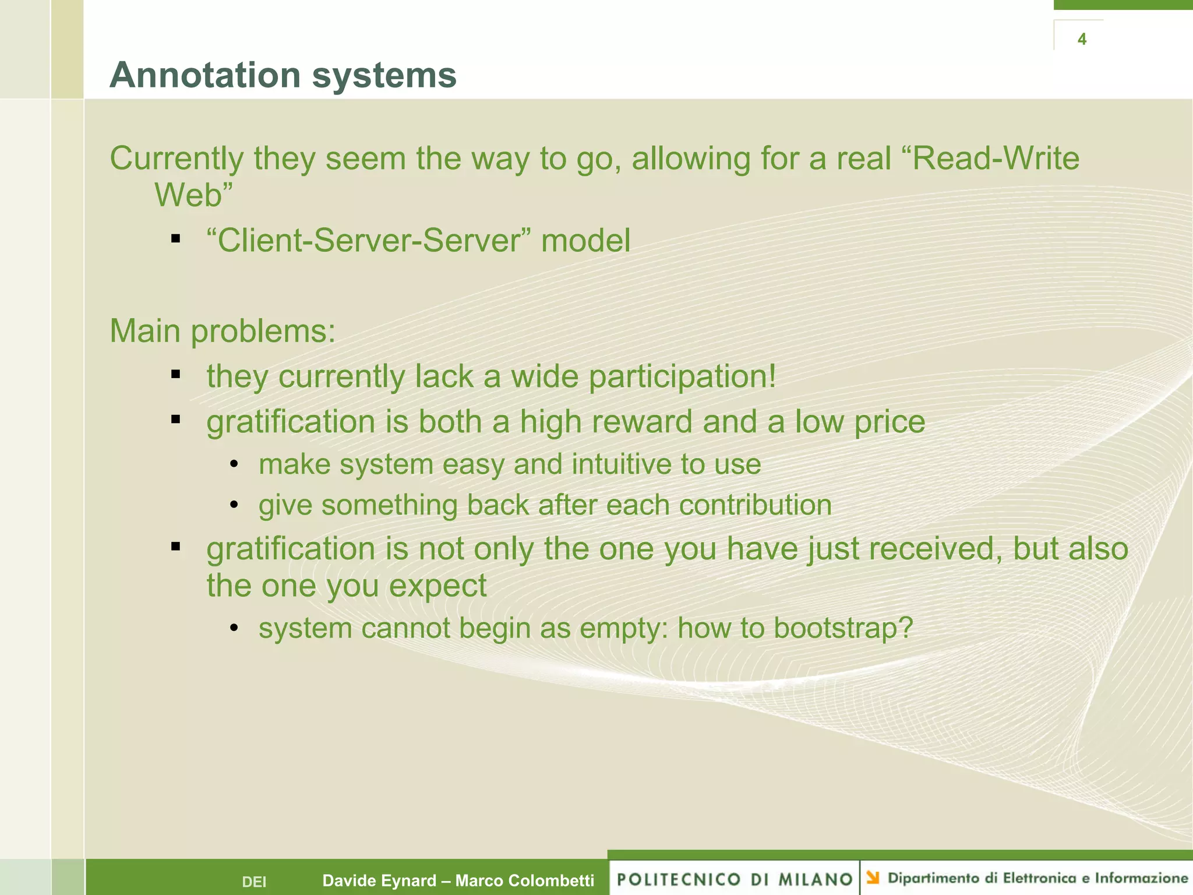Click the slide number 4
pyautogui.click(x=1082, y=39)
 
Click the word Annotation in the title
pyautogui.click(x=205, y=75)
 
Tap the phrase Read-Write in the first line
pyautogui.click(x=995, y=158)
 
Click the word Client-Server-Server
pyautogui.click(x=368, y=241)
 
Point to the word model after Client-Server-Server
pyautogui.click(x=585, y=241)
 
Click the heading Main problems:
pyautogui.click(x=223, y=331)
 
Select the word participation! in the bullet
pyautogui.click(x=682, y=377)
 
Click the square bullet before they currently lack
pyautogui.click(x=175, y=374)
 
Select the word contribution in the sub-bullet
pyautogui.click(x=755, y=505)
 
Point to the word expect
pyautogui.click(x=437, y=586)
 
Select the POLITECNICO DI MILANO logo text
pyautogui.click(x=735, y=879)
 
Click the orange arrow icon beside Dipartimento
pyautogui.click(x=873, y=878)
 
